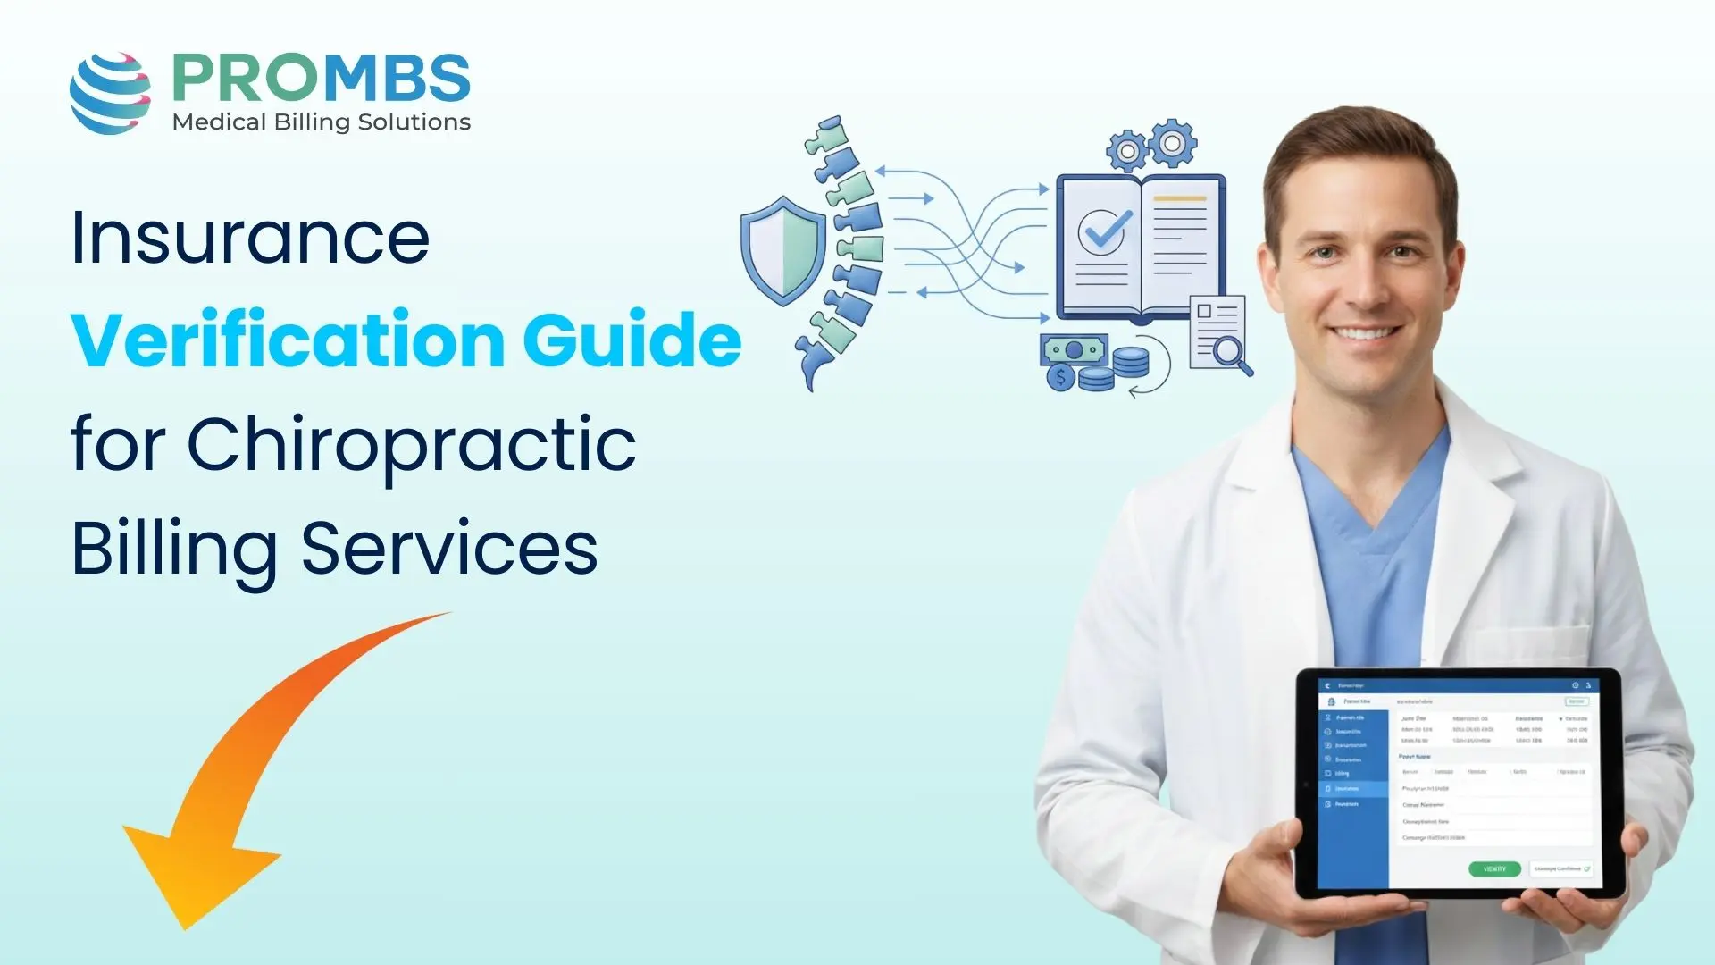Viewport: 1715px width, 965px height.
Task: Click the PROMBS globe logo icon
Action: (110, 93)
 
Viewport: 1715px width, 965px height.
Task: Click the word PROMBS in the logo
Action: (321, 79)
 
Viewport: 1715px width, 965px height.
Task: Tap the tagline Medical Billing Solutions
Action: (321, 122)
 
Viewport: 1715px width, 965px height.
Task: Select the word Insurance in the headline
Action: (250, 238)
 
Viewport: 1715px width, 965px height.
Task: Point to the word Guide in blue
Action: (632, 340)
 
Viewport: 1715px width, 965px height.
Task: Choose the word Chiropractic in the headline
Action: (411, 445)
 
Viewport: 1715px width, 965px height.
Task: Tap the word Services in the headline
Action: (449, 549)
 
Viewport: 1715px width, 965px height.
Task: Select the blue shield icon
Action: (782, 250)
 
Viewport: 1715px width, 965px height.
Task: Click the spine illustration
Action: (844, 250)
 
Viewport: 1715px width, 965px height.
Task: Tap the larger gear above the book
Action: (1173, 143)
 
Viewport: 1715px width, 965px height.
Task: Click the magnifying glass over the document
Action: (1231, 353)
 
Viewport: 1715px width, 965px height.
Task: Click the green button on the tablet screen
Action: (1494, 868)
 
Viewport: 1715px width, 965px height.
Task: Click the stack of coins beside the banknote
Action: (1130, 362)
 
